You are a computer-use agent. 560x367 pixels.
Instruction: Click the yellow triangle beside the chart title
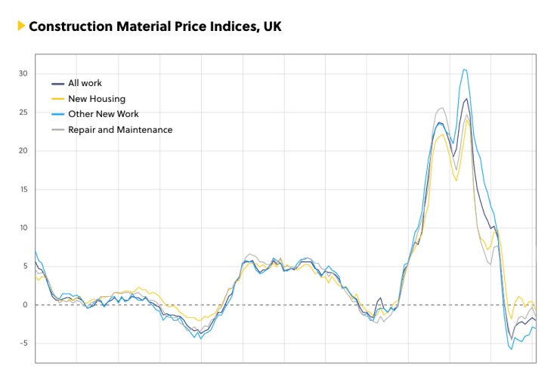[x=21, y=26]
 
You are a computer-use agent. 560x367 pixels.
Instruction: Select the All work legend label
[x=85, y=83]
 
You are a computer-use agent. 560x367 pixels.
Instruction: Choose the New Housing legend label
[x=97, y=99]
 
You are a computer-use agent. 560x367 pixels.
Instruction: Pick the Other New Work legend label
[x=104, y=114]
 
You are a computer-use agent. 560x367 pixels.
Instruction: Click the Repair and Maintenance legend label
[x=120, y=130]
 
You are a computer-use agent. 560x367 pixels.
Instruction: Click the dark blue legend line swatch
[x=57, y=83]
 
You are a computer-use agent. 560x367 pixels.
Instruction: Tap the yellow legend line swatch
[x=57, y=99]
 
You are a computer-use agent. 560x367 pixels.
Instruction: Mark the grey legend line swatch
[x=57, y=130]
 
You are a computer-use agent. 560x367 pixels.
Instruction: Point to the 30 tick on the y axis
[x=23, y=73]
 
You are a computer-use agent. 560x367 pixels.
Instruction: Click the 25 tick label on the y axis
[x=23, y=112]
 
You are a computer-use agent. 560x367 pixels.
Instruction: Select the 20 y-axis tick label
[x=23, y=150]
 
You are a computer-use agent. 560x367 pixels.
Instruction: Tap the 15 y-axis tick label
[x=23, y=189]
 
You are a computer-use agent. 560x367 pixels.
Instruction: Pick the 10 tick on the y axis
[x=23, y=227]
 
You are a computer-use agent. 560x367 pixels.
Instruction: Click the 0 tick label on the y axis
[x=25, y=304]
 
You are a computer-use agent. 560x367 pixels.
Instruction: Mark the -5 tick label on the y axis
[x=23, y=343]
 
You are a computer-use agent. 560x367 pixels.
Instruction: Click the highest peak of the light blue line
[x=464, y=69]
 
